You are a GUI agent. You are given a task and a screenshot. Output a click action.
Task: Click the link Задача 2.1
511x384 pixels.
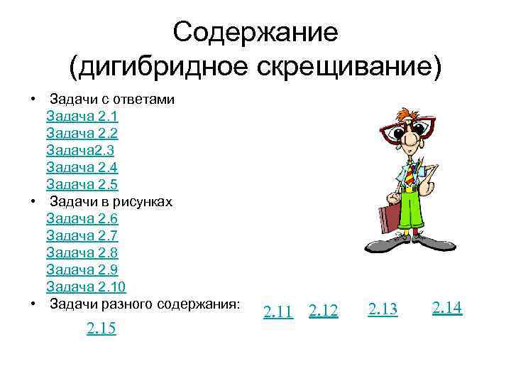click(82, 116)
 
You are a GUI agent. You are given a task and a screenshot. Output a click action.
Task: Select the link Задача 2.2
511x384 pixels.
click(82, 133)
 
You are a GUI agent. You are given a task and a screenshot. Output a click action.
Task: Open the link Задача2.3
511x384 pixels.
click(79, 150)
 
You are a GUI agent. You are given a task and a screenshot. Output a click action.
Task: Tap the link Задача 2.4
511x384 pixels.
click(82, 167)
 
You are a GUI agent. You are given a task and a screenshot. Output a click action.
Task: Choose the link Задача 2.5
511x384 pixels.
click(82, 184)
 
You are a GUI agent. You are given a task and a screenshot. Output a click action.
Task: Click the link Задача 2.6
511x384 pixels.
click(82, 218)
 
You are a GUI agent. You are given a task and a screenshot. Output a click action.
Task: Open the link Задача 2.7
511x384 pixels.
click(82, 235)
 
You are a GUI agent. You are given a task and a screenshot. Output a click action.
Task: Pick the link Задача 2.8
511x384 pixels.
click(82, 252)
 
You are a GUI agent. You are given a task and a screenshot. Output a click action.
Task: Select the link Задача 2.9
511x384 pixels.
click(82, 270)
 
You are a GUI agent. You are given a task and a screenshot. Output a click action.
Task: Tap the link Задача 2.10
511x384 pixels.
click(86, 287)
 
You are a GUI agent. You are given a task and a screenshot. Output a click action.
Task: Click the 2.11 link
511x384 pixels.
click(278, 311)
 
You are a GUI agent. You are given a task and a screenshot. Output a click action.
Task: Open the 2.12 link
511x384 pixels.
click(324, 311)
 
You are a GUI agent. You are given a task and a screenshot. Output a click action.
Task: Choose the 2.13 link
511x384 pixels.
click(383, 309)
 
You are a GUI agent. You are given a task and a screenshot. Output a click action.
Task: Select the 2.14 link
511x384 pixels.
click(447, 307)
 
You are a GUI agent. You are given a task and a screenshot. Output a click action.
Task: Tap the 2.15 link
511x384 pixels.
click(101, 329)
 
